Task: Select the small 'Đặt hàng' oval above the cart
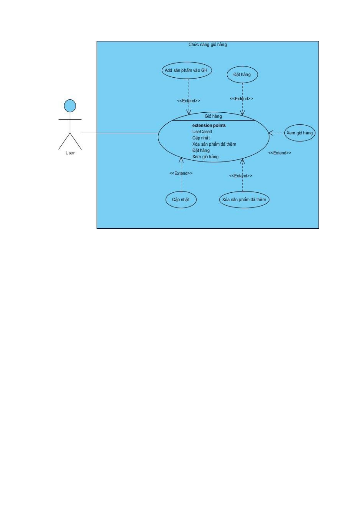(242, 75)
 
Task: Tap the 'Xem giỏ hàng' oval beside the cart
(300, 133)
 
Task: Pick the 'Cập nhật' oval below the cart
(181, 199)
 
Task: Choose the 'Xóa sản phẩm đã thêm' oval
(244, 199)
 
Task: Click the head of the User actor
(70, 106)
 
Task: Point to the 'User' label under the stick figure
(70, 153)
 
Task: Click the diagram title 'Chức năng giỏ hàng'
(208, 44)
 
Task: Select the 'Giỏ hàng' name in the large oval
(213, 116)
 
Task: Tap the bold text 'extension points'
(209, 125)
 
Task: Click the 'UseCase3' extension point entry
(202, 132)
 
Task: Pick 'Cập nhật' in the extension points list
(201, 138)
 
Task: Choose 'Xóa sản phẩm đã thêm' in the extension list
(214, 144)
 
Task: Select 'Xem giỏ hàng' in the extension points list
(205, 156)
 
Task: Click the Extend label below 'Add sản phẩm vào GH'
(189, 101)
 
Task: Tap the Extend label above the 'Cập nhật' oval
(181, 173)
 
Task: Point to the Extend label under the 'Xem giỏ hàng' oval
(280, 153)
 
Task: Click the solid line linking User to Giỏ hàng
(120, 133)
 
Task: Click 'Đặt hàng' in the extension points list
(201, 150)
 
